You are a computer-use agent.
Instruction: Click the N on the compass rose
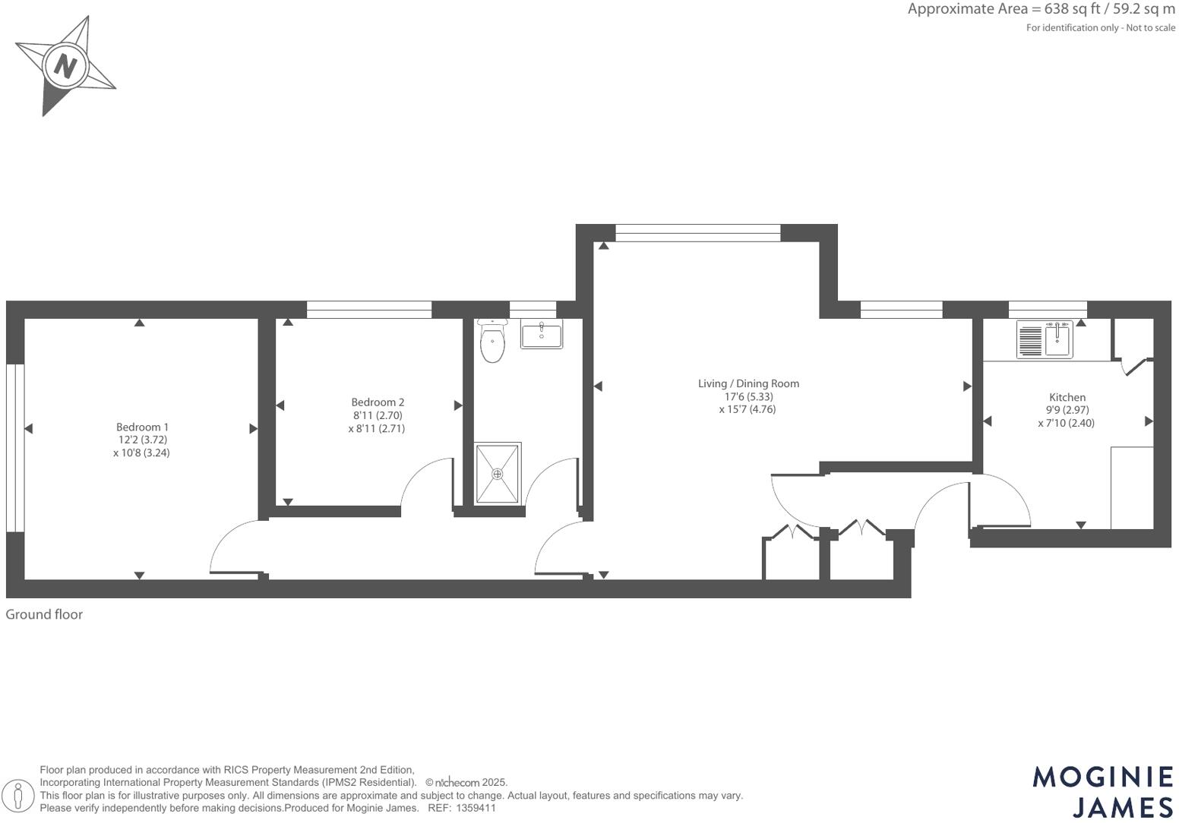coord(66,66)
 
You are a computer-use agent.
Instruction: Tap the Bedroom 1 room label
coord(142,427)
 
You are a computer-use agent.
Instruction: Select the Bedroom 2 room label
coord(378,402)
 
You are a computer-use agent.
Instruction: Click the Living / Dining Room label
coord(748,383)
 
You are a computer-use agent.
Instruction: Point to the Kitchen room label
coord(1067,397)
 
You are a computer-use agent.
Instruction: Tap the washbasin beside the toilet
coord(542,335)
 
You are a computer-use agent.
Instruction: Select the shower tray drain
coord(498,474)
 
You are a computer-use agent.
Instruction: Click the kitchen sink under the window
coord(1057,339)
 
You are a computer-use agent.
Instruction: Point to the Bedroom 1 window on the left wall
coord(15,448)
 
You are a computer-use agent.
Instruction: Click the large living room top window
coord(697,232)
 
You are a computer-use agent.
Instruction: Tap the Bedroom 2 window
coord(369,309)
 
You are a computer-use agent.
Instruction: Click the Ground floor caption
coord(44,614)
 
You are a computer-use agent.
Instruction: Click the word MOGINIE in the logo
coord(1103,777)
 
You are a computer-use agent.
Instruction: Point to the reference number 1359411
coord(476,808)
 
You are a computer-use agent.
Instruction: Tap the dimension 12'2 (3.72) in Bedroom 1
coord(142,440)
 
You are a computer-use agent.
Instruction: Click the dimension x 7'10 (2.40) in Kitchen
coord(1066,423)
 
